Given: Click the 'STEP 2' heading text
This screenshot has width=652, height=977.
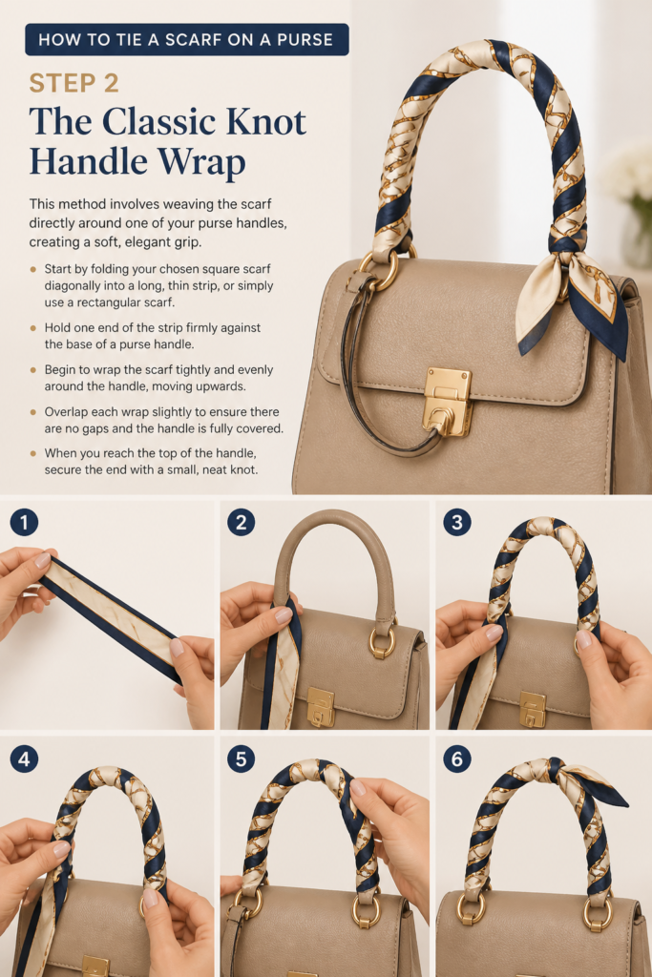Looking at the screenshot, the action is pos(74,83).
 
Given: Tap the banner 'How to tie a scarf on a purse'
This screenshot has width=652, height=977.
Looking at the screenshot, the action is pos(187,40).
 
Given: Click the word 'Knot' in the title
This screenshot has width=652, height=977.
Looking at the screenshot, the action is pos(265,121).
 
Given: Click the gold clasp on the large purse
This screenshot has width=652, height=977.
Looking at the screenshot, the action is pos(447,402).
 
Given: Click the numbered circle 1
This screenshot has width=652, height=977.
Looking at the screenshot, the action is pos(24,522).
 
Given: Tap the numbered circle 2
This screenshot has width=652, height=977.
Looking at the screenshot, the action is pos(242,522).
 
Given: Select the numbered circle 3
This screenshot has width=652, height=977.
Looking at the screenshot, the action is pos(457,522).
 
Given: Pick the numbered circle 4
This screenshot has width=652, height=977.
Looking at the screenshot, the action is pos(24,759).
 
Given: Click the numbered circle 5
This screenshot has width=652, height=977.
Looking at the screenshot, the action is pos(242,759).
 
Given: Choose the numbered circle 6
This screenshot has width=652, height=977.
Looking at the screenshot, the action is pos(457,759).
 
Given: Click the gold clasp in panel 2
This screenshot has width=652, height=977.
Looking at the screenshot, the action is pos(321,707).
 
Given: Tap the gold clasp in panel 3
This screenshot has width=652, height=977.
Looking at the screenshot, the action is pos(533,709).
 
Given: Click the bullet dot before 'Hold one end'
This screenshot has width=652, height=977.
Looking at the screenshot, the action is pos(33,328).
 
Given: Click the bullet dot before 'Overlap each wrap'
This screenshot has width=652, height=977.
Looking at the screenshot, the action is pos(33,412).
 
